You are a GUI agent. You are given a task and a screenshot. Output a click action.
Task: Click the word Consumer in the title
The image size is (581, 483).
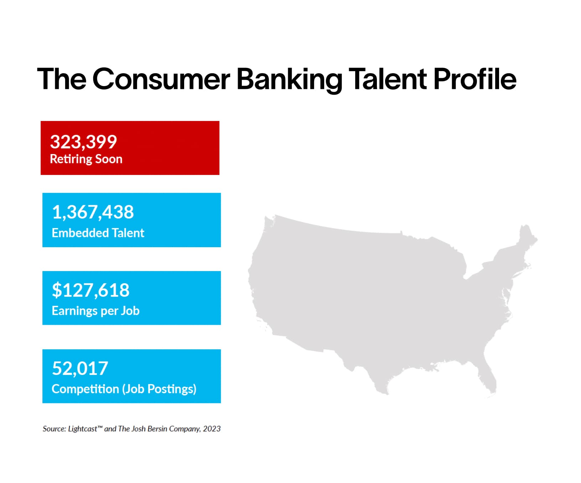pyautogui.click(x=161, y=79)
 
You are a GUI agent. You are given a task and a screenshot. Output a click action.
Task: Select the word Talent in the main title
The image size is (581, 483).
pyautogui.click(x=388, y=79)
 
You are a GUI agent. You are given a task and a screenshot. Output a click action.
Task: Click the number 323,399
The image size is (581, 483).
pyautogui.click(x=83, y=142)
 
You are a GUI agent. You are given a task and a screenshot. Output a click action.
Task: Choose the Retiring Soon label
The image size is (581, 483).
pyautogui.click(x=86, y=159)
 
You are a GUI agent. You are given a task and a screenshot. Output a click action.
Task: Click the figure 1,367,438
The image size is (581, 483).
pyautogui.click(x=93, y=212)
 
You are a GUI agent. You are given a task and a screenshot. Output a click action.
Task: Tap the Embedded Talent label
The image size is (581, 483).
pyautogui.click(x=98, y=233)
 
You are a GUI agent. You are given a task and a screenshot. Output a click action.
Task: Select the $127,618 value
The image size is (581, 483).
pyautogui.click(x=91, y=290)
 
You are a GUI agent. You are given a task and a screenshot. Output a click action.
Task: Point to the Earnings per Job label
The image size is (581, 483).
pyautogui.click(x=95, y=311)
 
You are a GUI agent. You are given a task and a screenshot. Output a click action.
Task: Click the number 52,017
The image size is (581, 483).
pyautogui.click(x=80, y=368)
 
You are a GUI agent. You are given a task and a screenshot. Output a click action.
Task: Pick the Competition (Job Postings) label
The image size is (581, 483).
pyautogui.click(x=124, y=389)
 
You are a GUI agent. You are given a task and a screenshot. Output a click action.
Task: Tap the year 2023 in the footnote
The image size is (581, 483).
pyautogui.click(x=212, y=429)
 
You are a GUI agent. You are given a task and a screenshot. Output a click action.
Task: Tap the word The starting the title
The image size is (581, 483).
pyautogui.click(x=62, y=79)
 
